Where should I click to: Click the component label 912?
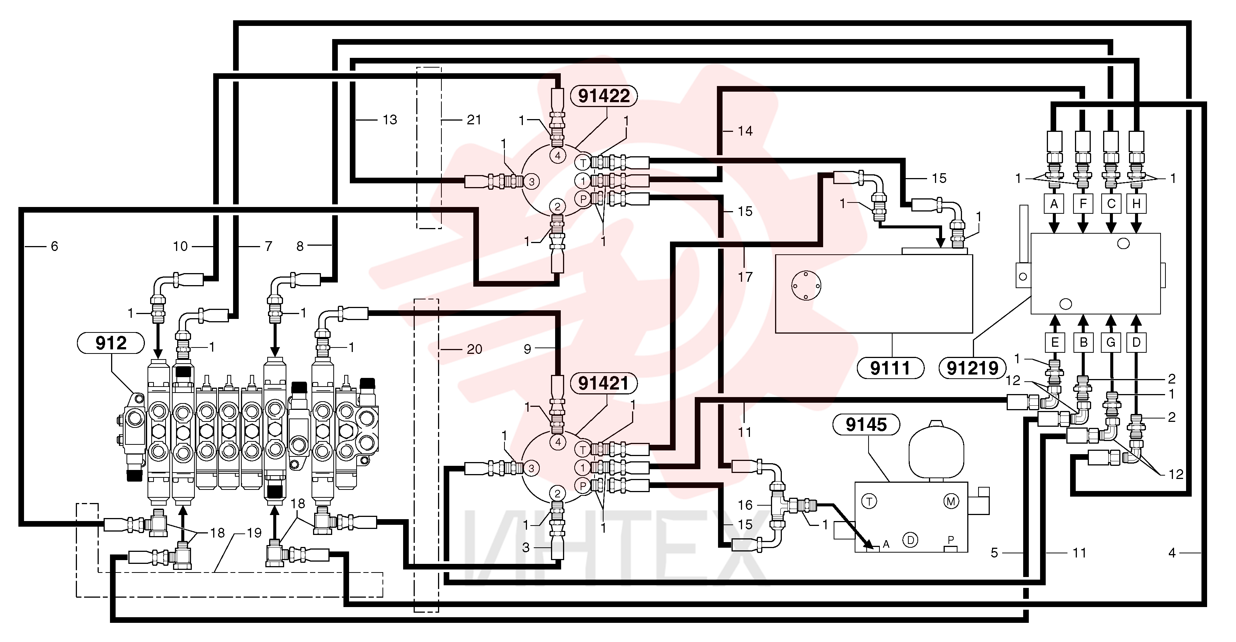point(111,343)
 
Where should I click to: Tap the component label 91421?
point(604,383)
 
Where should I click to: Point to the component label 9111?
point(890,368)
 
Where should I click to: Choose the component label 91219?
point(973,368)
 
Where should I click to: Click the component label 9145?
point(866,424)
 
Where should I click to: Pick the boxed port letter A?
point(1054,204)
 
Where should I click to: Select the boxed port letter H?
point(1136,204)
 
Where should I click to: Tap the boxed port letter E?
point(1055,342)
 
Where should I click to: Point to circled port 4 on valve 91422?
point(557,156)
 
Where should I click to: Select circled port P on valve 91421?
point(583,486)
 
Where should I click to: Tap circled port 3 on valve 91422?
point(531,181)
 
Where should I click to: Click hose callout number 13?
point(390,119)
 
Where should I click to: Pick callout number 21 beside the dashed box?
point(474,119)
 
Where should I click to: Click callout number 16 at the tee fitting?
point(745,505)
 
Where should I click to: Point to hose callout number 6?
point(54,246)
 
